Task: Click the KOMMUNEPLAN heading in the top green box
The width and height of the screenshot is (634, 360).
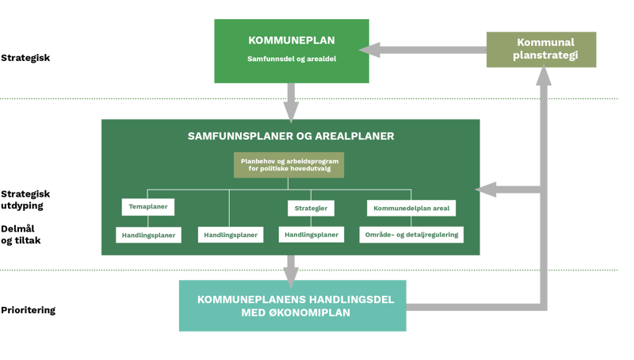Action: pyautogui.click(x=291, y=40)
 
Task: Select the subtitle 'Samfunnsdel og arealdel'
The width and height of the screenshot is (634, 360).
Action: pyautogui.click(x=291, y=59)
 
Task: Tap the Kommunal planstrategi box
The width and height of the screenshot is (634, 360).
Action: pyautogui.click(x=541, y=49)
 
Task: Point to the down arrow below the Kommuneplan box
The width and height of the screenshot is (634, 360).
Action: pyautogui.click(x=292, y=103)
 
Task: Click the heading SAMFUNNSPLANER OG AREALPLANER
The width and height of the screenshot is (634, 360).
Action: pyautogui.click(x=291, y=136)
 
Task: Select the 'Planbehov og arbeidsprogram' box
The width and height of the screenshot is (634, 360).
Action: pyautogui.click(x=289, y=165)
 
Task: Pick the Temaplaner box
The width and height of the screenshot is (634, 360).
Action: pyautogui.click(x=148, y=208)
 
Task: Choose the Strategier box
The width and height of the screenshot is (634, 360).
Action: pyautogui.click(x=310, y=208)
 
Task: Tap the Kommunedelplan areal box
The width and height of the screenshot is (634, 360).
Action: pyautogui.click(x=411, y=208)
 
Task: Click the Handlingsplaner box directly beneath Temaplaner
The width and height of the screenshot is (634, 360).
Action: pyautogui.click(x=148, y=235)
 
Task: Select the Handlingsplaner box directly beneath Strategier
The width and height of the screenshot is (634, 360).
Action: pyautogui.click(x=311, y=235)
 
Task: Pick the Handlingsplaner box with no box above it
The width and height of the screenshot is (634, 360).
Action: pyautogui.click(x=230, y=235)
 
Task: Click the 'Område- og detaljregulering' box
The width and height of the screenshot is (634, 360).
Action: pyautogui.click(x=411, y=235)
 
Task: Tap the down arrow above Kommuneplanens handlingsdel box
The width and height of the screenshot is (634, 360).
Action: pyautogui.click(x=292, y=272)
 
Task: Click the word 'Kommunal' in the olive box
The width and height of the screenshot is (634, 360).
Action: pyautogui.click(x=541, y=43)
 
